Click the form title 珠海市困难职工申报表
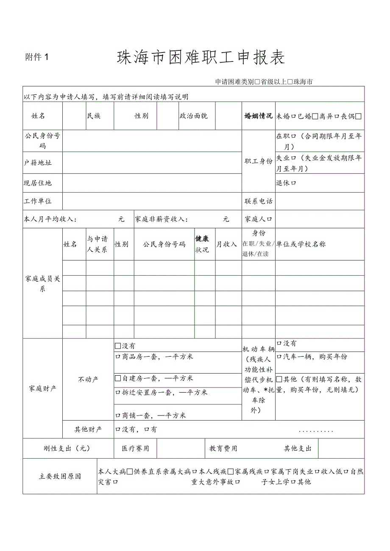click(201, 58)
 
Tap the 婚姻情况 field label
click(258, 116)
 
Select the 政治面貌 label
click(193, 116)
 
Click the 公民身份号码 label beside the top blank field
click(42, 141)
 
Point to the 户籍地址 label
click(38, 163)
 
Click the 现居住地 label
click(38, 183)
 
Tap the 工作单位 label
click(38, 201)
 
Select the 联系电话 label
click(258, 201)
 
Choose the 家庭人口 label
click(258, 219)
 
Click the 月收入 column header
click(227, 244)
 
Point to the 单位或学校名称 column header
click(301, 244)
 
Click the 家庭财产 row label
click(42, 388)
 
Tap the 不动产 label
click(88, 379)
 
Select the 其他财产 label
click(88, 429)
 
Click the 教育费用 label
click(223, 449)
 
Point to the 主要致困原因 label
click(60, 476)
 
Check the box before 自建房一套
click(118, 378)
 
